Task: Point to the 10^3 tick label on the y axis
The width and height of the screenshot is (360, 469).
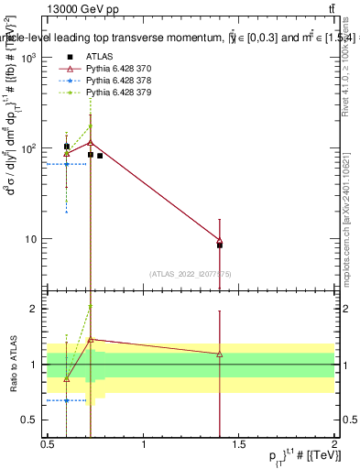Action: click(27, 58)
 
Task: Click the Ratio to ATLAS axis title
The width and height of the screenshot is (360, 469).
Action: click(12, 365)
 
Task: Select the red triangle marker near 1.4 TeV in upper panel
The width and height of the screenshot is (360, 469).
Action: click(220, 241)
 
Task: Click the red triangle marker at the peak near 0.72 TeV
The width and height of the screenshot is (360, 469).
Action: click(91, 142)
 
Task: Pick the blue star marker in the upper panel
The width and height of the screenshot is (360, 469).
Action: click(67, 164)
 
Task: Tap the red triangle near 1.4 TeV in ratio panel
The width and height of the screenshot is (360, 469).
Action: click(220, 354)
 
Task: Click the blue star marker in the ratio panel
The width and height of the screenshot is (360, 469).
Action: click(67, 400)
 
